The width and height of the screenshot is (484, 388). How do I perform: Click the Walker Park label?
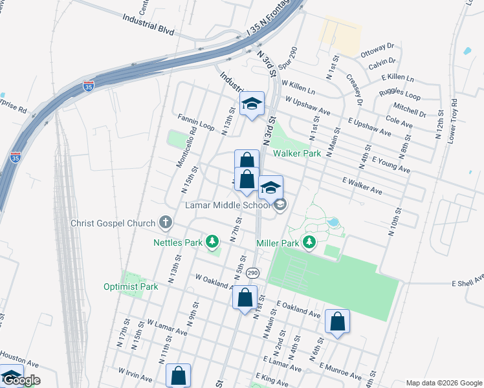pyautogui.click(x=297, y=153)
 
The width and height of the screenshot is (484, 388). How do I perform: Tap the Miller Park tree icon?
pyautogui.click(x=310, y=242)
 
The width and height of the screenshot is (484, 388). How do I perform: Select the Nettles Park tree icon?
pyautogui.click(x=212, y=242)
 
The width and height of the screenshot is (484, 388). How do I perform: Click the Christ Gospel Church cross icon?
pyautogui.click(x=166, y=223)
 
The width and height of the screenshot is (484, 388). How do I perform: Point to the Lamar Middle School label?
pyautogui.click(x=227, y=206)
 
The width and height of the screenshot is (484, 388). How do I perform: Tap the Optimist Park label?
pyautogui.click(x=131, y=286)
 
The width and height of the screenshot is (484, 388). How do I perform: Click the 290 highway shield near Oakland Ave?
pyautogui.click(x=252, y=273)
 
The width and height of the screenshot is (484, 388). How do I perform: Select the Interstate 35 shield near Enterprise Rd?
pyautogui.click(x=16, y=156)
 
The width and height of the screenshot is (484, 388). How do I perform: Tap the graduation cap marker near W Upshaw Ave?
pyautogui.click(x=252, y=103)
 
